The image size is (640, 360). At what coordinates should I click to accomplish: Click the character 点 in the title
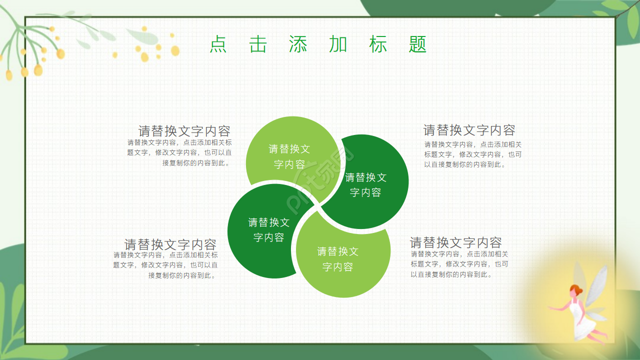218,44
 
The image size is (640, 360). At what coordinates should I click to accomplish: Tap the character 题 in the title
417,44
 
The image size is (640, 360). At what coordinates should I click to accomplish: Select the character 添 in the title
298,44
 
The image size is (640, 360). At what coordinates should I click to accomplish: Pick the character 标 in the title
378,44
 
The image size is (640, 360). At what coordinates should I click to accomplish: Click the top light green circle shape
289,150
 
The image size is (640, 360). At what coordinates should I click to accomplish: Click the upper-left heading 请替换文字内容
184,131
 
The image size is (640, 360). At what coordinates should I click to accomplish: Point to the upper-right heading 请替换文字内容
469,130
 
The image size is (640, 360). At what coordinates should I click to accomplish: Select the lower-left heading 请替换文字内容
170,244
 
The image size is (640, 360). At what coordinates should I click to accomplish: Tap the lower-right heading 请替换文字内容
455,242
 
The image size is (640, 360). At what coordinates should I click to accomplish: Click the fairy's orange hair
576,289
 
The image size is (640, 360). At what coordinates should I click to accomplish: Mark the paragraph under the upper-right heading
472,154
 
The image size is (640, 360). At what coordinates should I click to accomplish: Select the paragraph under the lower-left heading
165,265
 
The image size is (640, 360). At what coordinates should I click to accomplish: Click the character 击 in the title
258,44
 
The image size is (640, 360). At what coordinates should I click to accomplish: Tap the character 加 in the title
338,44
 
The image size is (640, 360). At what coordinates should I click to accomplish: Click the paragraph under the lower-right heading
459,264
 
